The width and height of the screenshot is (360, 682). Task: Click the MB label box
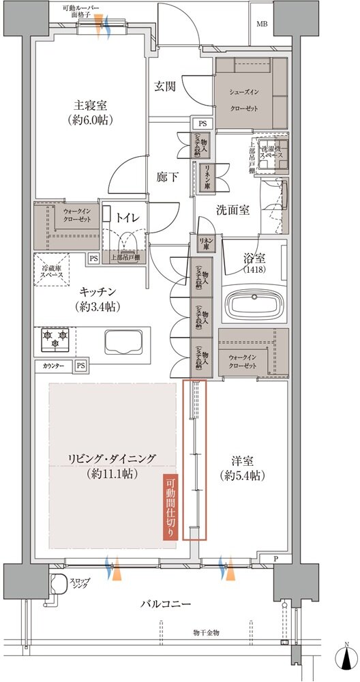coord(262,25)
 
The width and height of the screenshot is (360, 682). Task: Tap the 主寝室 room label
coord(94,113)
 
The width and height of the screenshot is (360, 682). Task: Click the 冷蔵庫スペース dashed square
coord(52,269)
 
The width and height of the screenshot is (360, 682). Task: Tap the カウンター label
coord(54,366)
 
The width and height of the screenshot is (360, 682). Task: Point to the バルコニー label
coord(166,604)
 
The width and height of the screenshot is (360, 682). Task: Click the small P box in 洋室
coord(275,559)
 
